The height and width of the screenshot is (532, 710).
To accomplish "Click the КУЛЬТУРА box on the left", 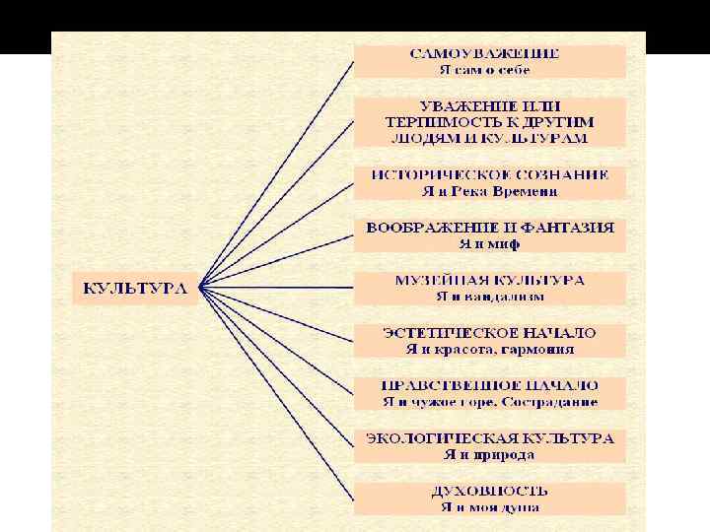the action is coord(133,289).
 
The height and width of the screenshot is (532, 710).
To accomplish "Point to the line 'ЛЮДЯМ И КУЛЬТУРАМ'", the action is coord(490,138).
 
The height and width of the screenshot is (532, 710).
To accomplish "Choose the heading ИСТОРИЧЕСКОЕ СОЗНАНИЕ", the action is coord(490,174).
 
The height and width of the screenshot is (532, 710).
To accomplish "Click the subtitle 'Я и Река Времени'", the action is coord(490,191).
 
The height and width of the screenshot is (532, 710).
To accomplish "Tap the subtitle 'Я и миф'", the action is coord(490,243).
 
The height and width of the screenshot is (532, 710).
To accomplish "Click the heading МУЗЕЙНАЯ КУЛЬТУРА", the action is coord(490,280).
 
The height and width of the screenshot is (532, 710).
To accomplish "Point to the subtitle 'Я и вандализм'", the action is coord(490,297).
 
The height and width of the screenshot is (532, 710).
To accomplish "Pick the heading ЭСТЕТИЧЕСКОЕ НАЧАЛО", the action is coord(490,333).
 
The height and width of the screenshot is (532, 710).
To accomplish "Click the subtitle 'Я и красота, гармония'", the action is coord(490,349).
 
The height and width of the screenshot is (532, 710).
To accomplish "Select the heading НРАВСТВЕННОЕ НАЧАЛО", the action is coord(490,385).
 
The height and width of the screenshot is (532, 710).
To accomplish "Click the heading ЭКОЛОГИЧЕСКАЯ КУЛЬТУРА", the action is coord(490,437).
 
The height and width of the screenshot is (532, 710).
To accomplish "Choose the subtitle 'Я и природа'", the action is coord(490,454).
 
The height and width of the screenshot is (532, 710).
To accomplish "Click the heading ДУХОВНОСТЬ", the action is coord(490,491).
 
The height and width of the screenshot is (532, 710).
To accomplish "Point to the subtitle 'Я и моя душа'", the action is coord(490,507).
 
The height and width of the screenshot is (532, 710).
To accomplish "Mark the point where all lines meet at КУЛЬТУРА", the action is coord(200,288).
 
